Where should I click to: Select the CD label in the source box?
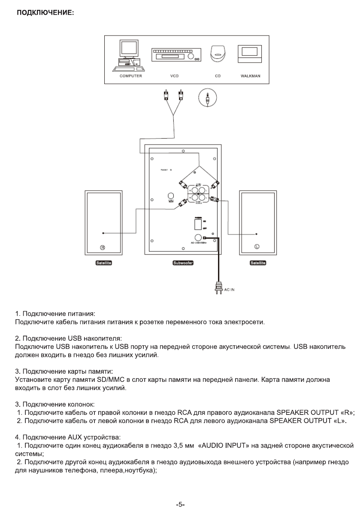click(x=217, y=76)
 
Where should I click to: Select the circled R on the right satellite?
click(x=103, y=247)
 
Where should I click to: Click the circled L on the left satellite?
click(x=257, y=247)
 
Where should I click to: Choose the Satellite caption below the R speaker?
click(x=103, y=263)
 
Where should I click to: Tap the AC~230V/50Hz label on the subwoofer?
click(x=199, y=243)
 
